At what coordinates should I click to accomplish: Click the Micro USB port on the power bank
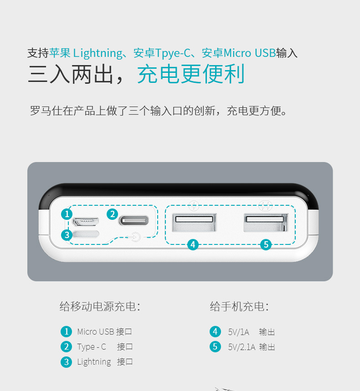(86, 221)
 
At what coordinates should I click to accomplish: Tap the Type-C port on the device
(134, 220)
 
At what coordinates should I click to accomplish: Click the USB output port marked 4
(194, 222)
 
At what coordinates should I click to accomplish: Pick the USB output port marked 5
(265, 222)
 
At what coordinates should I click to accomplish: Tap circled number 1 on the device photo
(67, 214)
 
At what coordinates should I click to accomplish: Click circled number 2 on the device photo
(113, 214)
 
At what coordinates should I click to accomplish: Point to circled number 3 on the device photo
(67, 235)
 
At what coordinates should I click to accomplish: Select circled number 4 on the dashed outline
(193, 244)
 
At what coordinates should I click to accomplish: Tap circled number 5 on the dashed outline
(266, 244)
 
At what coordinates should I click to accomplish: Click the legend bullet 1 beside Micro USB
(66, 332)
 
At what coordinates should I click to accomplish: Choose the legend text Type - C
(92, 347)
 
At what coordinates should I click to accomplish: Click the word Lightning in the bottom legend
(94, 362)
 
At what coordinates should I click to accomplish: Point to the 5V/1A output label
(239, 332)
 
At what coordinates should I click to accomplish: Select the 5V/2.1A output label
(242, 347)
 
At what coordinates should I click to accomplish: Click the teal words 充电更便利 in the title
(191, 74)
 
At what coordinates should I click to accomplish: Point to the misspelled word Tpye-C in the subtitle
(173, 53)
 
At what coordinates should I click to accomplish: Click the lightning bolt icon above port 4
(194, 206)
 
